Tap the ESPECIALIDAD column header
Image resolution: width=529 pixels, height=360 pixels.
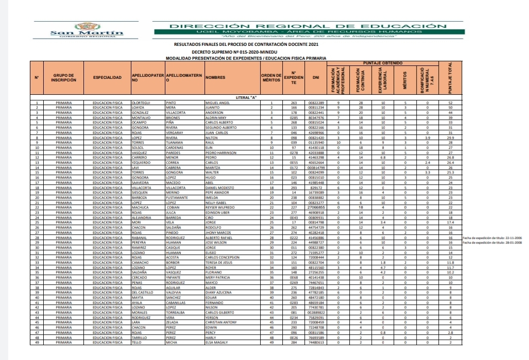point(107,78)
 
